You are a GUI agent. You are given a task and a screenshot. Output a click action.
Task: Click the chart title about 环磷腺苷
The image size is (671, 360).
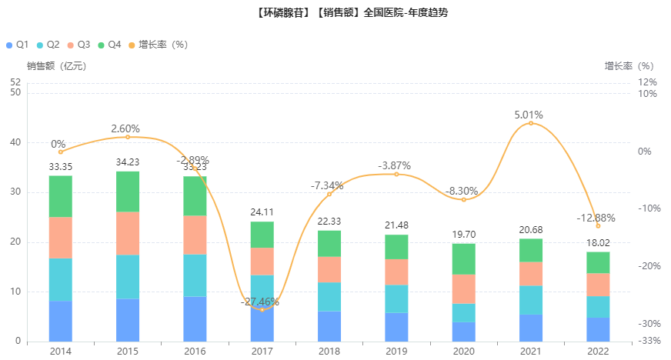coord(335,14)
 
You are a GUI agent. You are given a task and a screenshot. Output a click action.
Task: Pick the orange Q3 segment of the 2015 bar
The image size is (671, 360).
coord(128,233)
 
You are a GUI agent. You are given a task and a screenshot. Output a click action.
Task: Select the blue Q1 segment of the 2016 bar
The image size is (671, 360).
coord(195,318)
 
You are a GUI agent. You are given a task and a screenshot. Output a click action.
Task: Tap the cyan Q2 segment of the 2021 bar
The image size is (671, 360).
coord(531,300)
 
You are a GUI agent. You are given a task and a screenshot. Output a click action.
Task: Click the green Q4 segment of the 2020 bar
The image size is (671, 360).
coord(463,259)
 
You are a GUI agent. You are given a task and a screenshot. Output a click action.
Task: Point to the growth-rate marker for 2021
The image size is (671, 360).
coord(531,123)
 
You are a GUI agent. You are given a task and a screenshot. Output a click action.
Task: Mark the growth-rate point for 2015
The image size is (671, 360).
coord(128,137)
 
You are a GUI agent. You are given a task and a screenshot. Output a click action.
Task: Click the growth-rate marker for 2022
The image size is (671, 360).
coord(598,225)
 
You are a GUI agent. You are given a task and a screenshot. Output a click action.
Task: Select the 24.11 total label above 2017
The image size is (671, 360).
coord(262,213)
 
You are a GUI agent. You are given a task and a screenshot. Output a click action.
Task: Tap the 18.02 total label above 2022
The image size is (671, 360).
coord(598,243)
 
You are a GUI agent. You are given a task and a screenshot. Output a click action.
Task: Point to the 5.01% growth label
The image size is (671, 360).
coord(529,115)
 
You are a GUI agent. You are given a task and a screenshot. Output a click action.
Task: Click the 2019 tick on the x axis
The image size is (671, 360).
coord(396,351)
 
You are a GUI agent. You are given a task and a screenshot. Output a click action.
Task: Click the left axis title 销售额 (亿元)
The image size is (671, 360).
coord(56,66)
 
